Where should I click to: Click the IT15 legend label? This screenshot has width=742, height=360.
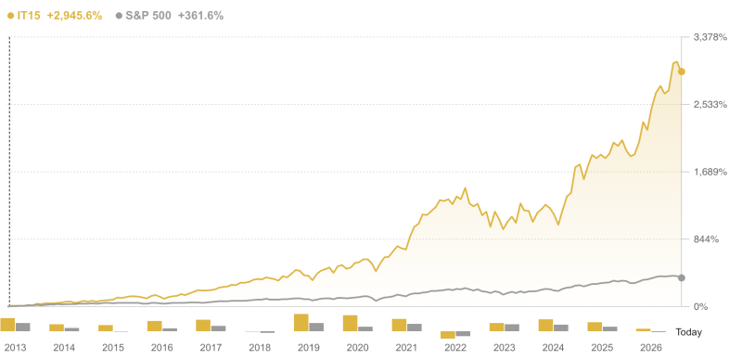point(29,16)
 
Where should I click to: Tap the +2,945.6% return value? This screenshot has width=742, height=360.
point(74,16)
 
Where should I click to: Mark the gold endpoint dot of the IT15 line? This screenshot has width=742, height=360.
point(682,71)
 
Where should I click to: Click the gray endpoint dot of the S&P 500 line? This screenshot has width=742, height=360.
point(682,277)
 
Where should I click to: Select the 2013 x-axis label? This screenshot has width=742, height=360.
point(15,348)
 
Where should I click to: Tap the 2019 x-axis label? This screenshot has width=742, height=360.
point(308,348)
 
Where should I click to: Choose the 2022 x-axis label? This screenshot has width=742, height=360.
point(454,348)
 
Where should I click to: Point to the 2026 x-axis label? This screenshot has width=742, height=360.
point(650,348)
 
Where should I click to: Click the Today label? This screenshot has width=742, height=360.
point(689,332)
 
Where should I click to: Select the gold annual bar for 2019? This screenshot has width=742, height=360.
point(301,323)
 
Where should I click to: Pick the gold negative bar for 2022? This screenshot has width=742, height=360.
point(447,335)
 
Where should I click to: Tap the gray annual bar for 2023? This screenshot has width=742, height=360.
point(512,328)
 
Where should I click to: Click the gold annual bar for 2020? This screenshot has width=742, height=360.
point(350,323)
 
